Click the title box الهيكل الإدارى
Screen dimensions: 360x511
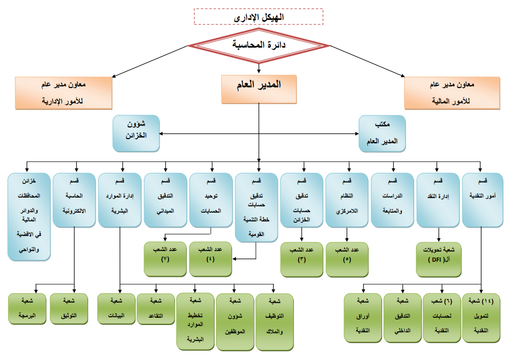(x=258, y=17)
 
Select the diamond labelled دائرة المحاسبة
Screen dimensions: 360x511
(x=258, y=46)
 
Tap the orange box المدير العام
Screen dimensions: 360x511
(x=258, y=89)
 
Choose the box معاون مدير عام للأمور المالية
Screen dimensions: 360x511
(x=452, y=92)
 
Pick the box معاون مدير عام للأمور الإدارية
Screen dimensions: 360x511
(x=64, y=92)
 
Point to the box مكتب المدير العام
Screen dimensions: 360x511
(x=382, y=133)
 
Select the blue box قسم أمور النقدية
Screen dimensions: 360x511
(x=483, y=200)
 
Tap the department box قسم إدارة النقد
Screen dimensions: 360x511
(x=438, y=200)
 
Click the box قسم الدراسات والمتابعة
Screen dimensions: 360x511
(x=392, y=200)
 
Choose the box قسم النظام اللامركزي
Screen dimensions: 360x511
(x=347, y=200)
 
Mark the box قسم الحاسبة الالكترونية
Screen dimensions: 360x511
(x=74, y=200)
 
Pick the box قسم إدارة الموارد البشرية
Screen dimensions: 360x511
(x=119, y=200)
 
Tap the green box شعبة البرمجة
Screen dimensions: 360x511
(x=29, y=308)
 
